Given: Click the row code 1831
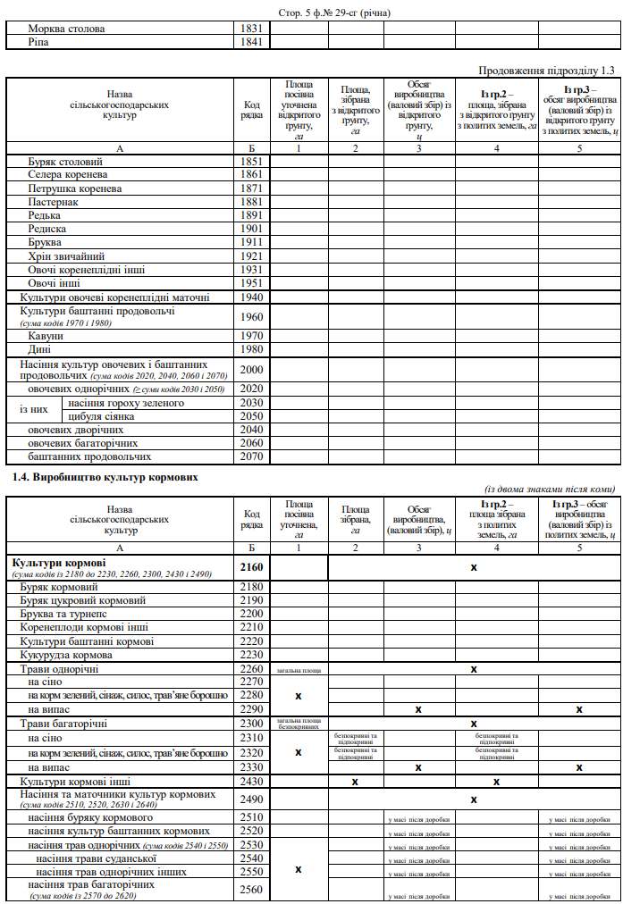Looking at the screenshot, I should pos(252,29).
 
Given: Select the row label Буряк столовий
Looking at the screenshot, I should pos(65,162).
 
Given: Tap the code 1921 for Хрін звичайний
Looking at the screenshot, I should pos(252,256).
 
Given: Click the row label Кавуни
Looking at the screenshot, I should pos(46,336).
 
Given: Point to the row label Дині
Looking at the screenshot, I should pos(40,349).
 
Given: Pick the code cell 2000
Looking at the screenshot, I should pos(252,369).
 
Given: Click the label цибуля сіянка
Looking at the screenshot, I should pos(101,416).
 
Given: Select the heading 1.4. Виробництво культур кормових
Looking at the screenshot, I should pos(105,478).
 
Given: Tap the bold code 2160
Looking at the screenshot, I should pos(252,567).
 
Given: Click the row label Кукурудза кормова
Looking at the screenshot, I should pos(73,655).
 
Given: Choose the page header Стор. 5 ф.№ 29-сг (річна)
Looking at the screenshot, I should pos(322,13).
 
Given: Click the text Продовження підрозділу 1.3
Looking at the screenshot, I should pos(547,70).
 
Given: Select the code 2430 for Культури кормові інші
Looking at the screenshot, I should pos(252,781).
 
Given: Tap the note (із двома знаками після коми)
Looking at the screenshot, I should pos(550,489).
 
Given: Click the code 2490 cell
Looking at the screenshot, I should pos(252,799).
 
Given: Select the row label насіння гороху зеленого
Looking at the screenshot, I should pos(126,403).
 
